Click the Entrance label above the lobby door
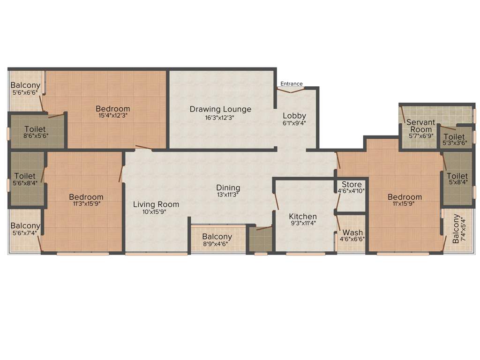tap(292, 84)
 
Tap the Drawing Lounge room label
tap(220, 109)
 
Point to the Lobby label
tap(294, 116)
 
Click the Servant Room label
tap(420, 126)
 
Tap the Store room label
tap(352, 184)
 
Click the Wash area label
tap(352, 232)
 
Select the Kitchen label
tap(302, 217)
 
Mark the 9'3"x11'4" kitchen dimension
tap(302, 224)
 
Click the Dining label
tap(228, 188)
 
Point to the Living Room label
tap(156, 204)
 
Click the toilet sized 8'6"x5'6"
tap(35, 132)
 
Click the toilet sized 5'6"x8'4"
tap(25, 180)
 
